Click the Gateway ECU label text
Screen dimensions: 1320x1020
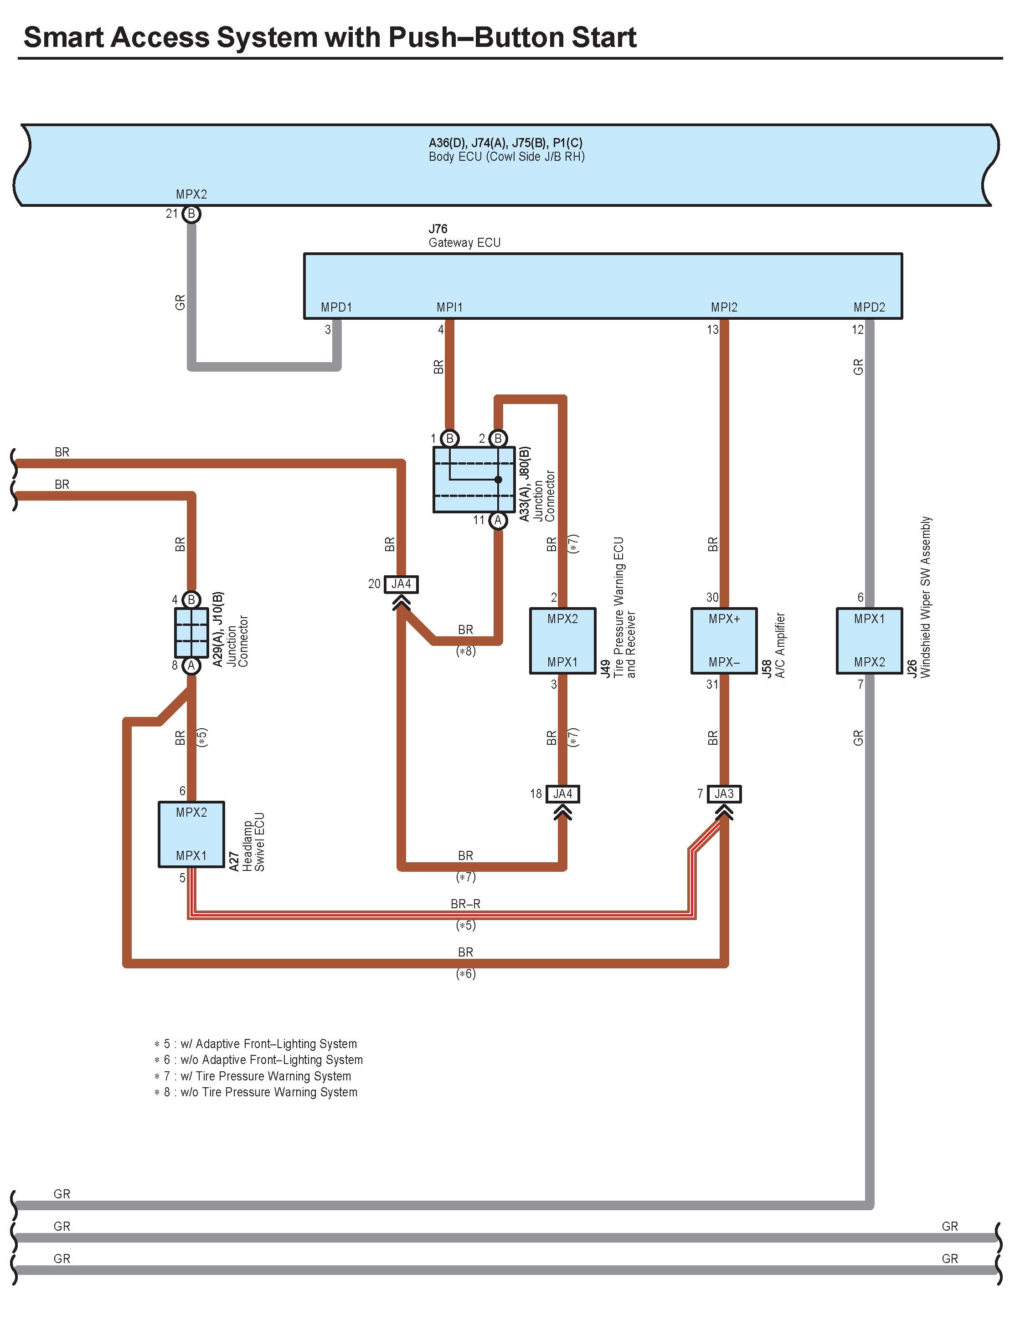464,243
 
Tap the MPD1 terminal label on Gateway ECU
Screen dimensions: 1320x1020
336,307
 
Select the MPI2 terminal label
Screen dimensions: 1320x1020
724,307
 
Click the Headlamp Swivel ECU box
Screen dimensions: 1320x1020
191,834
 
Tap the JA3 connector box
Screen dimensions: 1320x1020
724,793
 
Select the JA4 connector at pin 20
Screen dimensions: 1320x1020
401,584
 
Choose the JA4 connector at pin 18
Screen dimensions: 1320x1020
562,793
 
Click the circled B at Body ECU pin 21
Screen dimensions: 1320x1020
191,214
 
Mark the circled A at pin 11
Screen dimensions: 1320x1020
498,520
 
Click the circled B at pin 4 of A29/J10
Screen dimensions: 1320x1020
191,599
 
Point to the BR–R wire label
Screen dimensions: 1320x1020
465,904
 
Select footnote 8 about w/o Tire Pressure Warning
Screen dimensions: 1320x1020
256,1092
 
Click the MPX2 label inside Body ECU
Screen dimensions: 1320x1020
191,194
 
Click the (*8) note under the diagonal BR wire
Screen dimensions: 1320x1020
465,651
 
